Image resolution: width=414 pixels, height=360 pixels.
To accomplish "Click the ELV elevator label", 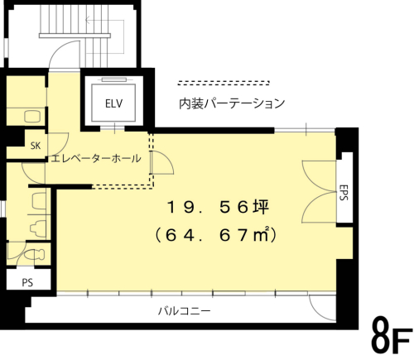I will [x=113, y=103].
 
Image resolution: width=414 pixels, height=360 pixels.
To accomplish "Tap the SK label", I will [x=36, y=145].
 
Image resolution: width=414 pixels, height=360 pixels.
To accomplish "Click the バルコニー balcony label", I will [x=184, y=311].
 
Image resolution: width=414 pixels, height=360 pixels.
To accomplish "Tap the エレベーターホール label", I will [x=94, y=158].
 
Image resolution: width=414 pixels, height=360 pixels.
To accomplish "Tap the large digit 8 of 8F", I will [x=379, y=335].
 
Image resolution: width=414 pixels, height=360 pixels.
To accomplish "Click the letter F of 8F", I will [x=401, y=339].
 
